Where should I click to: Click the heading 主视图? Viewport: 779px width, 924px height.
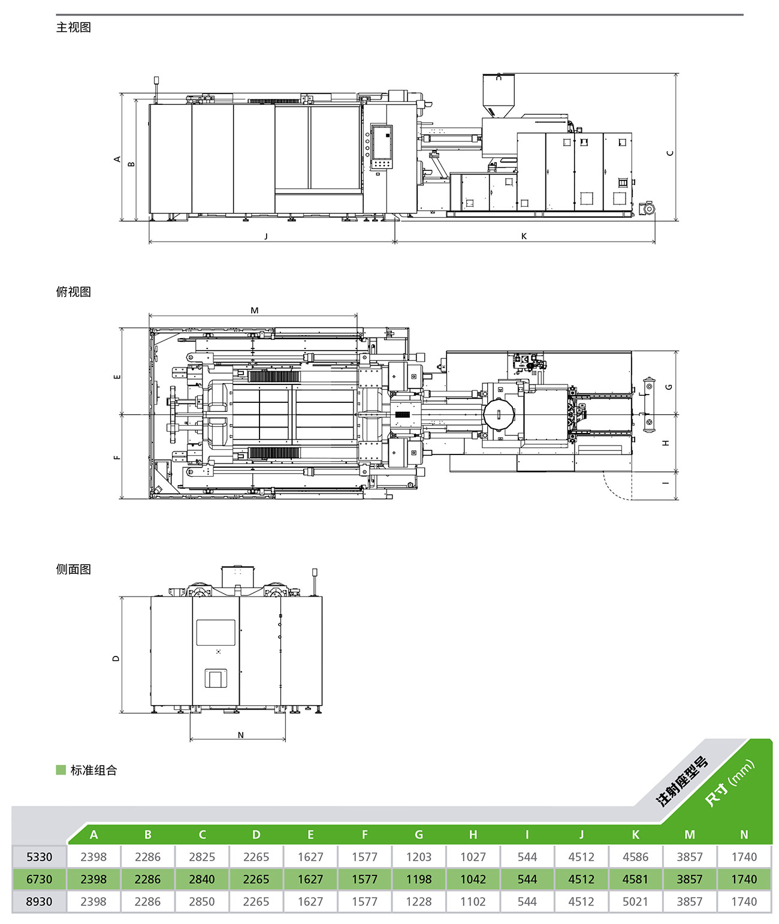click(x=74, y=28)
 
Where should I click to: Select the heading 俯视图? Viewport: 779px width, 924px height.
click(x=74, y=291)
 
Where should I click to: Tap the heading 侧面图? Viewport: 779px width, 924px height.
click(x=74, y=569)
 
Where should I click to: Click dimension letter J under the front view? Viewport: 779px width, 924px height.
click(x=266, y=236)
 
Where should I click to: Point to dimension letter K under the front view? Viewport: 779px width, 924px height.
click(x=524, y=236)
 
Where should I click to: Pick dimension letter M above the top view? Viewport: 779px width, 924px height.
click(x=254, y=310)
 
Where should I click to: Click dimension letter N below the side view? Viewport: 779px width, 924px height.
click(x=241, y=735)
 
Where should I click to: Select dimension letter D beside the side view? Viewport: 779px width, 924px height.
click(x=116, y=658)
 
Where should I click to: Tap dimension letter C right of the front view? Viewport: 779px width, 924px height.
click(x=670, y=153)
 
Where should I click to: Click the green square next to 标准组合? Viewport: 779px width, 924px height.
click(x=61, y=770)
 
